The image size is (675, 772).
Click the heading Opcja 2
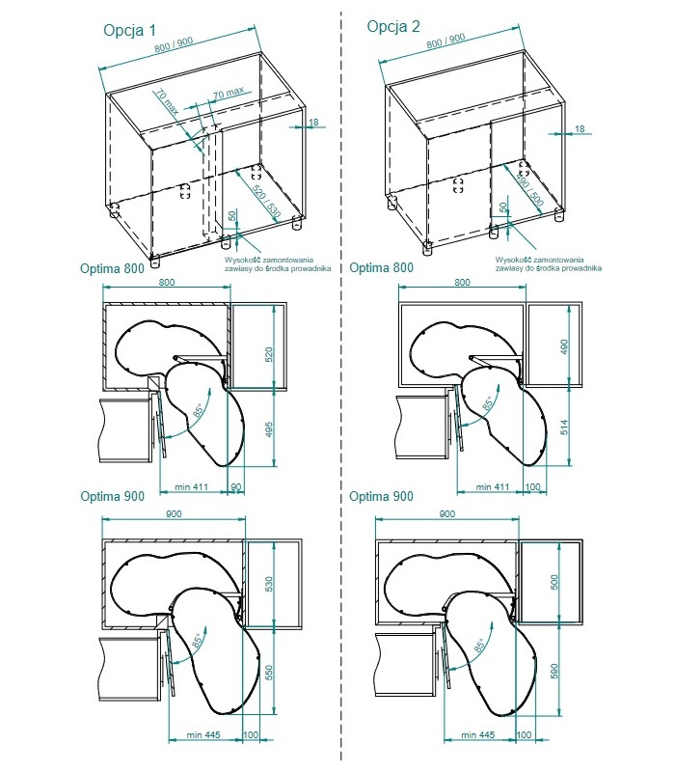(x=393, y=26)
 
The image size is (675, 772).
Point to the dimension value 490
(x=565, y=346)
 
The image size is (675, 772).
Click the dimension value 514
(x=565, y=425)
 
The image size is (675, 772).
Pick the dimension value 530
(x=270, y=584)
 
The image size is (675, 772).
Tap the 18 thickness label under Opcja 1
(x=314, y=123)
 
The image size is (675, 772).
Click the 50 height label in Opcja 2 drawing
(x=503, y=209)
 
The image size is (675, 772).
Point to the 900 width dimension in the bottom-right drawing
(x=446, y=514)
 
